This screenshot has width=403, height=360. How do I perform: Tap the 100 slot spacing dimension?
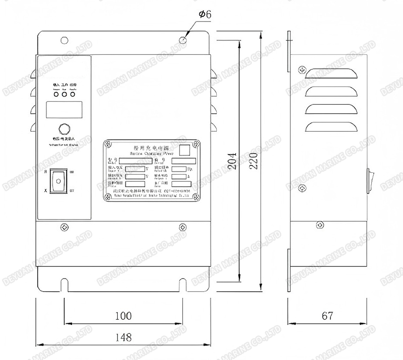pyautogui.click(x=123, y=316)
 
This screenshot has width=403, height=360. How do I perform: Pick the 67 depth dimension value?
pyautogui.click(x=327, y=316)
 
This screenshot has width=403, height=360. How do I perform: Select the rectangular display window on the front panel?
pyautogui.click(x=64, y=108)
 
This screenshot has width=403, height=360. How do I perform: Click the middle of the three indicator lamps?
pyautogui.click(x=64, y=94)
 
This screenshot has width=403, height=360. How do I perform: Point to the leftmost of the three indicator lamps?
pyautogui.click(x=56, y=94)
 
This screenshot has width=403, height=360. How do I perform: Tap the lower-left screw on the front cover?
pyautogui.click(x=64, y=227)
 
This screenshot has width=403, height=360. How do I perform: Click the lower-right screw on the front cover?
pyautogui.click(x=182, y=227)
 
